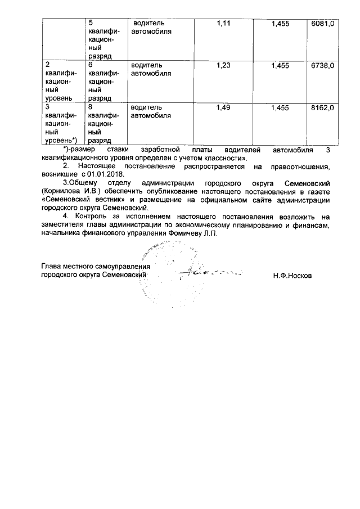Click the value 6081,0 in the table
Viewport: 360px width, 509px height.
323,24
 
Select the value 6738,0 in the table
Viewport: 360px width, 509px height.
323,66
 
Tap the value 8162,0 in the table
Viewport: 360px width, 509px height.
323,107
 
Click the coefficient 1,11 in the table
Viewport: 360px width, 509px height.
224,24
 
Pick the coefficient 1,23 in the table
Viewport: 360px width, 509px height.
224,66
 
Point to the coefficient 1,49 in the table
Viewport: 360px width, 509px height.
224,107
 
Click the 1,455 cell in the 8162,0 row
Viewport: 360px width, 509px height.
280,107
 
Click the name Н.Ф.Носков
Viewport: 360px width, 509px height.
291,276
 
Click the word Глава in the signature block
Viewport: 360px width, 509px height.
52,266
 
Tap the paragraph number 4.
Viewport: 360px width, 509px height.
65,217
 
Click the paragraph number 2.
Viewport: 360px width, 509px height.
65,166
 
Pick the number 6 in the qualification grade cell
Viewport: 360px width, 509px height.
91,66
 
